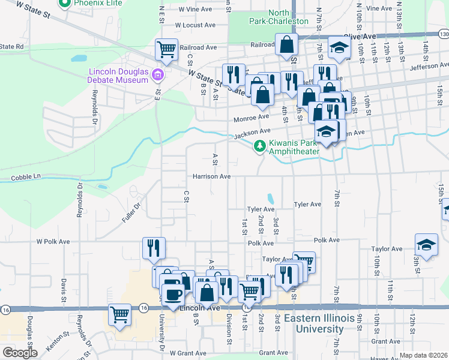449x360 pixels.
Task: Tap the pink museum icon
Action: (157, 75)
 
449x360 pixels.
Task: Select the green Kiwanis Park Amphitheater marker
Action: (259, 145)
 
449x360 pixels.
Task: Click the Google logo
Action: (20, 353)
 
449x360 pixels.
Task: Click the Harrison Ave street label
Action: (211, 176)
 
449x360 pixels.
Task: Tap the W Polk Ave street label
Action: (53, 241)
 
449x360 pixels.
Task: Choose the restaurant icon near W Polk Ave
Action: (154, 247)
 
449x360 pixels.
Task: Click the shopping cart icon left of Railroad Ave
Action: (167, 49)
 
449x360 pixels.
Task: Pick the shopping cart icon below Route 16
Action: (120, 314)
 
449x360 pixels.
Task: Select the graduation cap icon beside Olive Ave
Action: (339, 48)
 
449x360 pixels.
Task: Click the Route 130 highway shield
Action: (443, 35)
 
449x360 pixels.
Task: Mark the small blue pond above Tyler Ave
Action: (271, 197)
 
